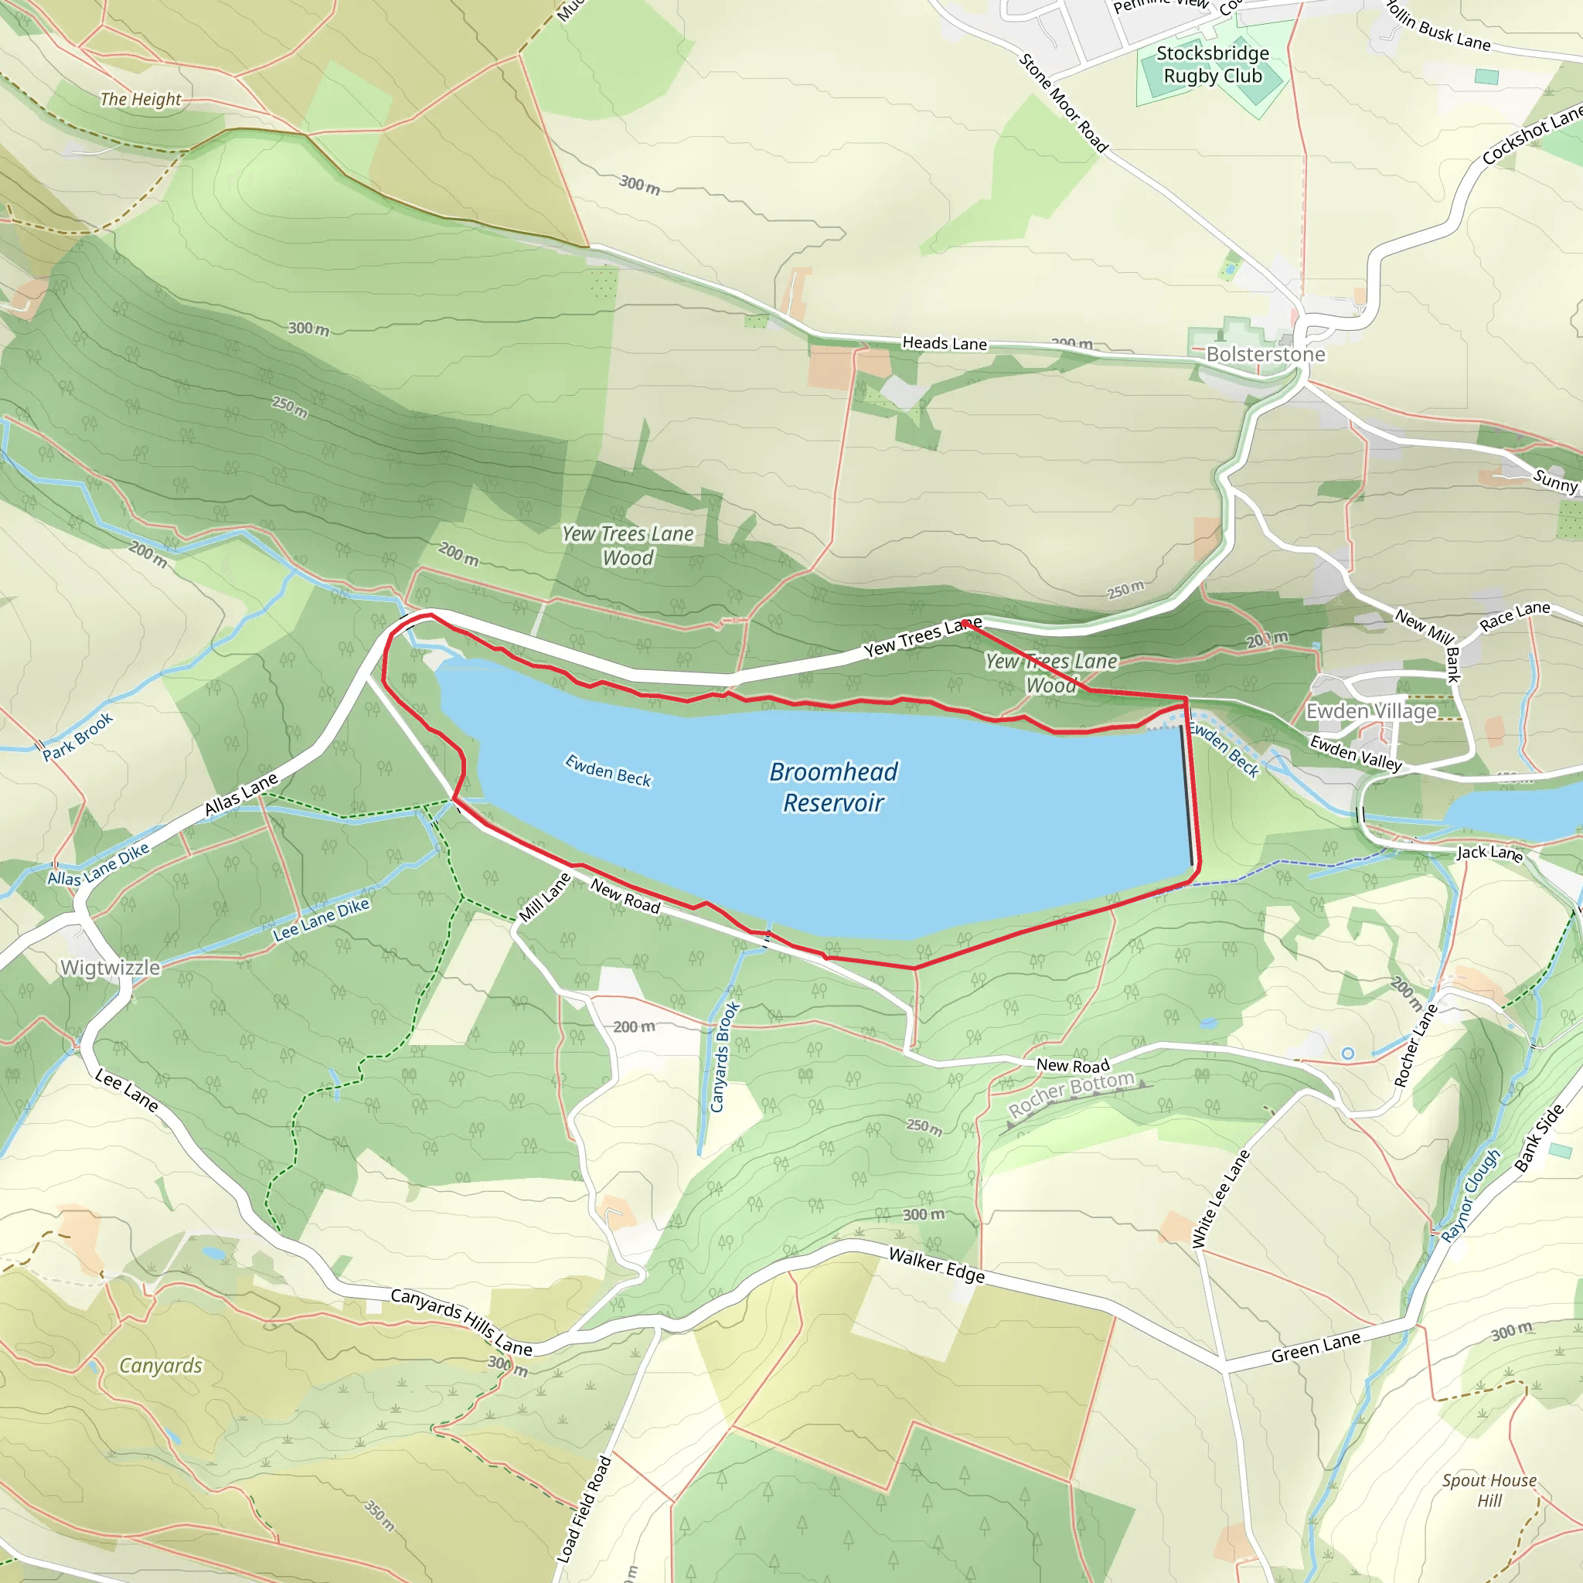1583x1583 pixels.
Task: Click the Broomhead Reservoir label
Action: [833, 787]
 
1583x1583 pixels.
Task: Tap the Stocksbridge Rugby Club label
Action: [1213, 65]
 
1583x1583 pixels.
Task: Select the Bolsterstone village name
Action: [1265, 354]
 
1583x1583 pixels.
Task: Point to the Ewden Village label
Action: [1370, 711]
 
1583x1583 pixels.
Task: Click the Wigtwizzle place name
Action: [111, 968]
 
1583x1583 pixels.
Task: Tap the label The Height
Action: [140, 99]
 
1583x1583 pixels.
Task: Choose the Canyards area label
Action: [161, 1365]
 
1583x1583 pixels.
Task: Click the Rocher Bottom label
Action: [1071, 1094]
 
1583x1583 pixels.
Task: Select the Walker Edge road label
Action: [937, 1266]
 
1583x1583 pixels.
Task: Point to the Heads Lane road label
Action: [944, 343]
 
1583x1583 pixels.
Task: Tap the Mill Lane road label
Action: [545, 897]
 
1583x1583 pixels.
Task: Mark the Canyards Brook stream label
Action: [724, 1056]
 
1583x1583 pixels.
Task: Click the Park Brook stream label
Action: [78, 737]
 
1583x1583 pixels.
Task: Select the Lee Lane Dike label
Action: [322, 918]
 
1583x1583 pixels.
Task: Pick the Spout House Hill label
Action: [1489, 1490]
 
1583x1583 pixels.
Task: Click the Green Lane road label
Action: [1315, 1348]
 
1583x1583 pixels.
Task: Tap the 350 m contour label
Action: [380, 1516]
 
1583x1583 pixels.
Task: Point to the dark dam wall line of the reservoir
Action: [1186, 795]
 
